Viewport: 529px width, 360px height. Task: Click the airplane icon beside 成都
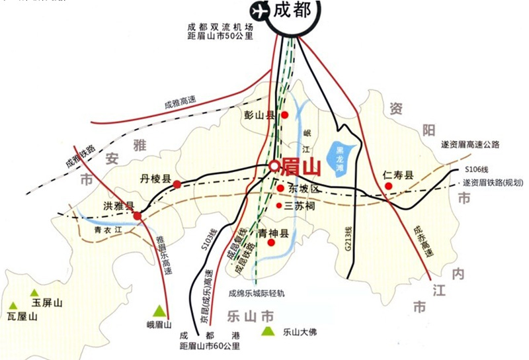[x=258, y=11]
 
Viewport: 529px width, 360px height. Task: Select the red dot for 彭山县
[x=285, y=115]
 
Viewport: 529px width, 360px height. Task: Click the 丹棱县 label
[x=155, y=179]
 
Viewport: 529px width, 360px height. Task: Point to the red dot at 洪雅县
[x=137, y=216]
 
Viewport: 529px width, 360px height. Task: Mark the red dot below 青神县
[x=271, y=243]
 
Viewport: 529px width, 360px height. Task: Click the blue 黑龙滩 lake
[x=341, y=159]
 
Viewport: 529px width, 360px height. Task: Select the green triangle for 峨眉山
[x=159, y=310]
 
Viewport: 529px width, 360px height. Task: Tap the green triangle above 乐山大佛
[x=268, y=331]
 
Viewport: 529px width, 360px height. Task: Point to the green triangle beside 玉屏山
[x=34, y=292]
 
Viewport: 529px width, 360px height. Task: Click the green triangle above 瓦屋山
[x=13, y=305]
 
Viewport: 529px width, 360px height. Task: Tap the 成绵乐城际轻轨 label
[x=257, y=292]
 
